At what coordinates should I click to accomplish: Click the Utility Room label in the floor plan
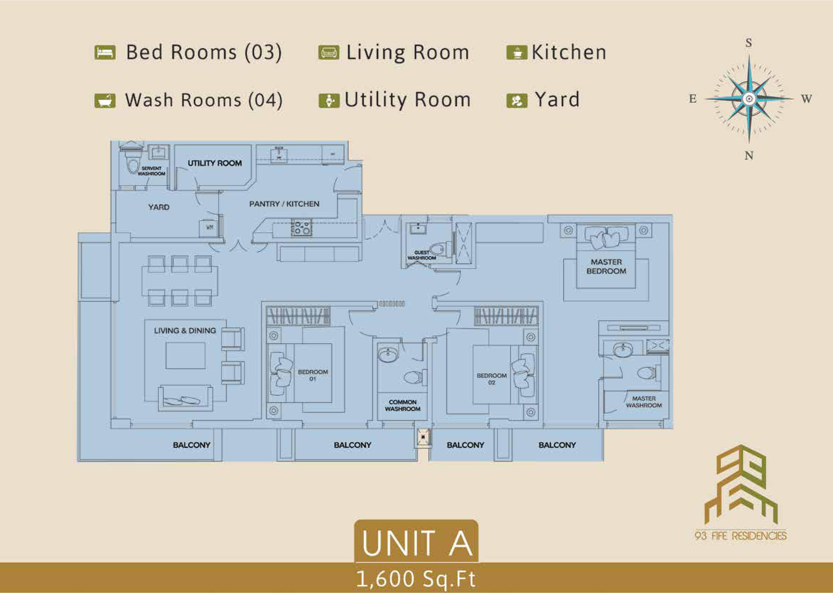tap(215, 163)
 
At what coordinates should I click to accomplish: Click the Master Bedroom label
tap(606, 267)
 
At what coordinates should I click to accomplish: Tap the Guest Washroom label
tap(422, 255)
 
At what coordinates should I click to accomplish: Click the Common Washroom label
tap(403, 405)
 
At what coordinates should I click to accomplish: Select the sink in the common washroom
tap(388, 355)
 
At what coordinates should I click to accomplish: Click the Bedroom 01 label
tap(313, 375)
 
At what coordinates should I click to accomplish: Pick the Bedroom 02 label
tap(491, 379)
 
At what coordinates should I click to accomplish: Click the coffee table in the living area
tap(185, 356)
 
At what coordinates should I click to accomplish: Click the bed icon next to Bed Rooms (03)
tap(105, 52)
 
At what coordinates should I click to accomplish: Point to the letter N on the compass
tap(749, 156)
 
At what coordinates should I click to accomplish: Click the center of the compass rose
tap(749, 99)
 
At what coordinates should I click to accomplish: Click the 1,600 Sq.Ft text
tap(416, 579)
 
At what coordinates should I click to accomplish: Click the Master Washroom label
tap(644, 402)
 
